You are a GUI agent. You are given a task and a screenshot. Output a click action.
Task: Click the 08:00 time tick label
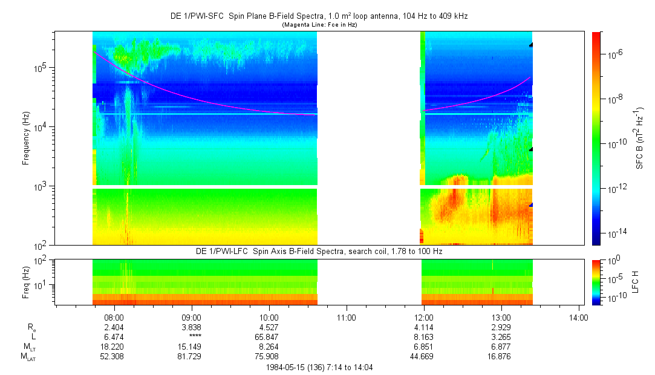click(x=114, y=317)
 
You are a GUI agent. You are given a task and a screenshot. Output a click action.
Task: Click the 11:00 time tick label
click(x=347, y=317)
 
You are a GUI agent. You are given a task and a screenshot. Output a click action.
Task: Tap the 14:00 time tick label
click(x=579, y=317)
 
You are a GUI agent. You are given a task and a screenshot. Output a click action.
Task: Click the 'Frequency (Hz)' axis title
click(x=26, y=139)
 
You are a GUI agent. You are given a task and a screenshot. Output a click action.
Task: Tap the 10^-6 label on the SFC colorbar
click(x=617, y=54)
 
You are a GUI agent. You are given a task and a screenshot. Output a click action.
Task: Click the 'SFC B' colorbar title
click(x=639, y=139)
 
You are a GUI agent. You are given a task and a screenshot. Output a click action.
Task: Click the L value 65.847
click(x=269, y=337)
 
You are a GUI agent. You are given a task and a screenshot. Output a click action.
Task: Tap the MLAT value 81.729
click(x=192, y=357)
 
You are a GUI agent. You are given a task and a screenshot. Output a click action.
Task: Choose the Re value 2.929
click(x=501, y=327)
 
